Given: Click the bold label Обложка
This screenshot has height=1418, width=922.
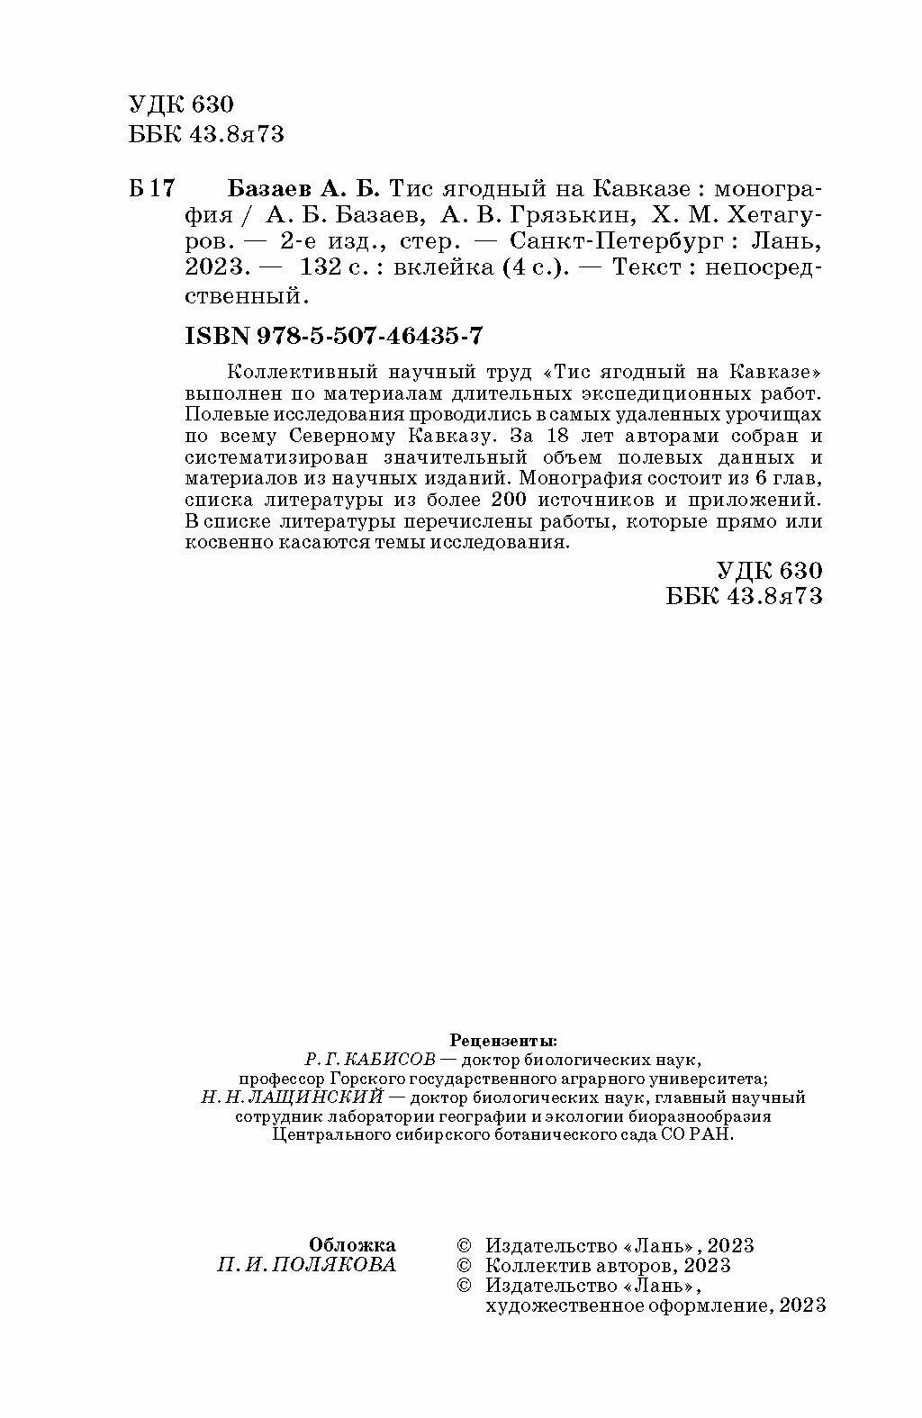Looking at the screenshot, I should click(x=352, y=1245).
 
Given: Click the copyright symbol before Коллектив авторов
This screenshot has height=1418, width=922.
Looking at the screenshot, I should click(x=465, y=1266).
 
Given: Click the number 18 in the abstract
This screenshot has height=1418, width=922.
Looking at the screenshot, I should click(x=557, y=437).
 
